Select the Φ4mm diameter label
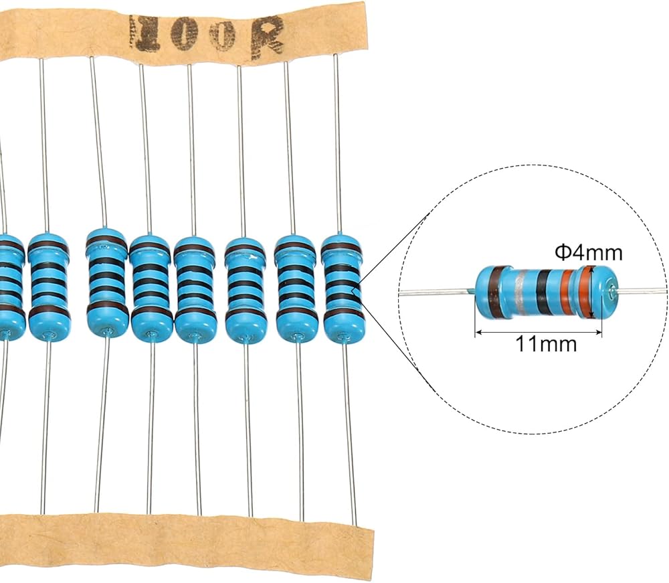588,253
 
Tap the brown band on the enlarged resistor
497,292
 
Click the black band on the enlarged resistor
544,292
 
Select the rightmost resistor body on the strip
341,288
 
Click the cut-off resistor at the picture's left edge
9,286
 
